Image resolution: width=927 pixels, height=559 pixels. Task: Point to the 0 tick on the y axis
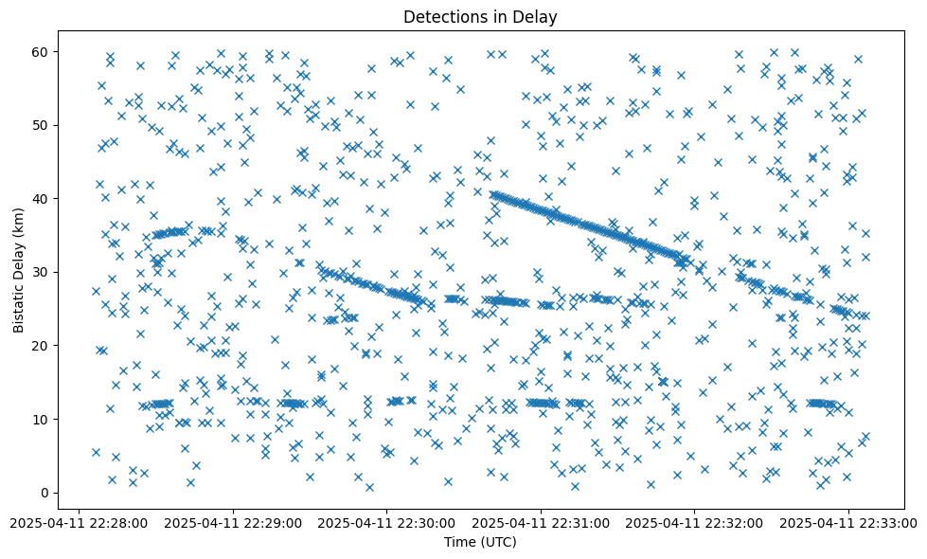45,493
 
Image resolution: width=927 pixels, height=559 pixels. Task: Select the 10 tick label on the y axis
42,419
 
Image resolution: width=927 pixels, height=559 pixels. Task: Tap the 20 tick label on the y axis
42,346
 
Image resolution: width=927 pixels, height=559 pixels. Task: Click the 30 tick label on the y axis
42,272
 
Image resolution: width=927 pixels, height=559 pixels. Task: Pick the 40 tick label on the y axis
42,198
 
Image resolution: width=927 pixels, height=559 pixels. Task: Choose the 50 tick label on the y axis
42,125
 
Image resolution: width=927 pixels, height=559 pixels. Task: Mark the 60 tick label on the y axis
42,51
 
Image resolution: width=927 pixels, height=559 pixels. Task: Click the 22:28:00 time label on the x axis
80,522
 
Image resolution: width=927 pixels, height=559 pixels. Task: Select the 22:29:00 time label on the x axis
233,522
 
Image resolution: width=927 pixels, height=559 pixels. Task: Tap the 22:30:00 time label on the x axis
387,522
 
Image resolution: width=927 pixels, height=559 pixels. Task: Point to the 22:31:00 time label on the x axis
541,522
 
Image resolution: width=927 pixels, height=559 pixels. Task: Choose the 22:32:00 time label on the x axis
694,522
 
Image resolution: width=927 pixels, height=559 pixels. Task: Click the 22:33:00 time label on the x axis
848,522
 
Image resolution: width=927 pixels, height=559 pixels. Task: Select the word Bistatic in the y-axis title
19,309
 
